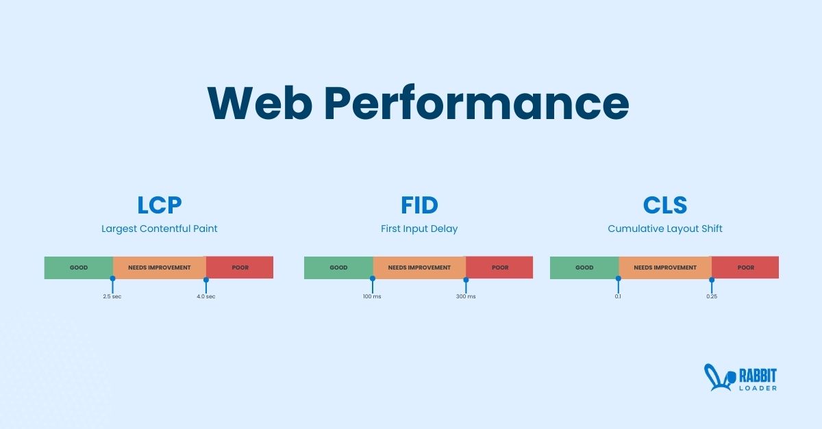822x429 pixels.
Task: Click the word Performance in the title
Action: point(476,103)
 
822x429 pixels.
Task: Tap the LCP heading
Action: point(159,205)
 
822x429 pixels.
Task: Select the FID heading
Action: point(419,205)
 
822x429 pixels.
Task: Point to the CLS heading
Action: point(664,205)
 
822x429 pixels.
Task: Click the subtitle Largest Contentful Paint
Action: point(159,229)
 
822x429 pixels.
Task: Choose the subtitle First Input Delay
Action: point(419,229)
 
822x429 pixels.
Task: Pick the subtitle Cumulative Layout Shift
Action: point(664,229)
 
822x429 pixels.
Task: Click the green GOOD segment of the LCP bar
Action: point(79,268)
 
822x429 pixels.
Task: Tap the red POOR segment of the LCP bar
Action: point(240,268)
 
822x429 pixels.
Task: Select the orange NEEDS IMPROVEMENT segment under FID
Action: point(419,268)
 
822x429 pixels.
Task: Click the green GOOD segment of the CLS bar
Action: point(584,268)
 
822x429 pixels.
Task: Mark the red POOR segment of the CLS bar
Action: point(745,268)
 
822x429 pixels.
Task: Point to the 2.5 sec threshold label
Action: point(112,296)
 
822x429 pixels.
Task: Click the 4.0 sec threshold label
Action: point(206,296)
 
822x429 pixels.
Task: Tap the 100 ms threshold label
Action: point(372,296)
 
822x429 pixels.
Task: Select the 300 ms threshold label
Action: point(466,296)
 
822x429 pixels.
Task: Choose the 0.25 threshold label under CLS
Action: point(712,296)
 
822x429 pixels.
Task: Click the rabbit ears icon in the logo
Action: point(715,378)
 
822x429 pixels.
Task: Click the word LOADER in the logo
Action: point(758,388)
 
